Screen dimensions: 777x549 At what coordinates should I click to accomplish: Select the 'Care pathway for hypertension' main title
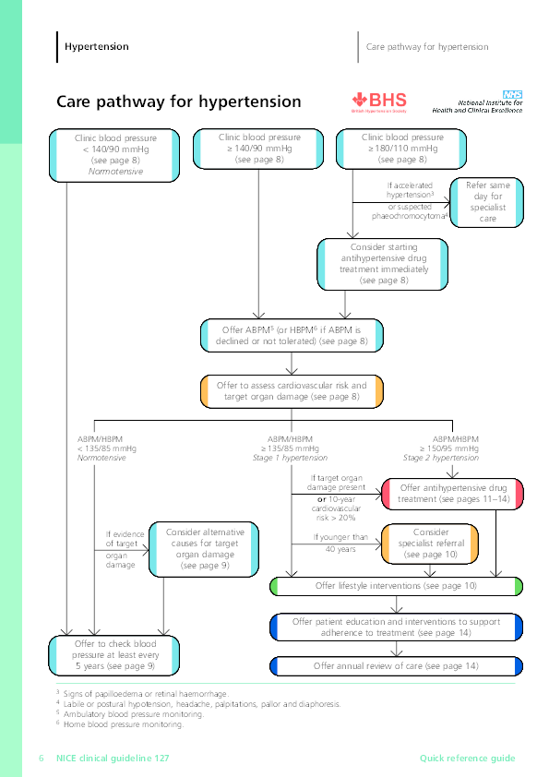tap(178, 102)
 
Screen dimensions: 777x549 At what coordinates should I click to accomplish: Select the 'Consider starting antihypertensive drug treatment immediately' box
tap(383, 263)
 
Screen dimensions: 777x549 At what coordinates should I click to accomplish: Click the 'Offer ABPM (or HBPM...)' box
tap(292, 335)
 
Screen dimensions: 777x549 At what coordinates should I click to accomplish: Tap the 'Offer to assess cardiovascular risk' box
tap(292, 391)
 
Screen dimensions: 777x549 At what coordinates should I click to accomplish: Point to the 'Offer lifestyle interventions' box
tap(397, 586)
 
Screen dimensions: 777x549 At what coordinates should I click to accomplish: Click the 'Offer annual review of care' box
tap(397, 665)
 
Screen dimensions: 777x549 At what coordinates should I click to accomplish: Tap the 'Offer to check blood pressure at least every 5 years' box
tap(113, 653)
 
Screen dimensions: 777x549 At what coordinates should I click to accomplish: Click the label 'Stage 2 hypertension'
tap(441, 458)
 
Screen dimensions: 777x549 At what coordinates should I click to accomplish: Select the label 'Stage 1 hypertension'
tap(292, 458)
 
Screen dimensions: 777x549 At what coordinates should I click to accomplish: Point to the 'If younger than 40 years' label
tap(340, 543)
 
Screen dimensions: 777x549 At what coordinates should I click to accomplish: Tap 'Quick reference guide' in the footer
tap(467, 759)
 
